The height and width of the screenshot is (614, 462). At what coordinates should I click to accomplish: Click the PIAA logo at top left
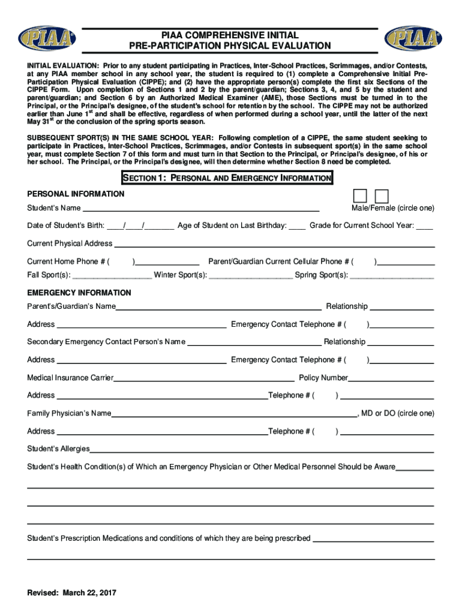47,39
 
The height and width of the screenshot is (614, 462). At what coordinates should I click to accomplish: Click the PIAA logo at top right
414,39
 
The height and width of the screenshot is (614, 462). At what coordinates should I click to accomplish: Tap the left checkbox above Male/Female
360,195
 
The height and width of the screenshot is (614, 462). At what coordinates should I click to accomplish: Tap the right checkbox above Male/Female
382,195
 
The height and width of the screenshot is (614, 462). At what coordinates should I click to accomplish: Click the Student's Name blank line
200,210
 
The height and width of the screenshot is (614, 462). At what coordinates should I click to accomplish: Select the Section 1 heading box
227,178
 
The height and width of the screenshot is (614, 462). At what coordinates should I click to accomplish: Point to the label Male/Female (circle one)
392,208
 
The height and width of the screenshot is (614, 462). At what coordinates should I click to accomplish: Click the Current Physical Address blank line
274,245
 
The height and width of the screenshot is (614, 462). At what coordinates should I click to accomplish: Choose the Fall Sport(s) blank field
111,277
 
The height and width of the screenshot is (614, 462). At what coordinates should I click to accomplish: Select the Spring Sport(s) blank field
392,277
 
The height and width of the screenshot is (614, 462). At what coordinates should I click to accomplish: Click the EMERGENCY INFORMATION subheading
79,293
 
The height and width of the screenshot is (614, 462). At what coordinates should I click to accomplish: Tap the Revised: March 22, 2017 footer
71,592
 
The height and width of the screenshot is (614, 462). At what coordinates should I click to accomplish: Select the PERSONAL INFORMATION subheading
76,194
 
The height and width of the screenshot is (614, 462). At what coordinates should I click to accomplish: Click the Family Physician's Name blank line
234,416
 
